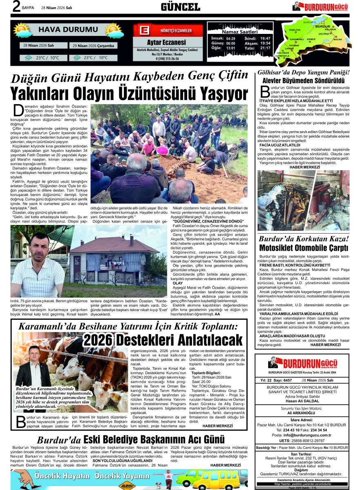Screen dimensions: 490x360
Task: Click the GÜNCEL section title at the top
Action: (x=180, y=7)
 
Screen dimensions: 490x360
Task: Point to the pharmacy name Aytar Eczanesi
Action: (x=166, y=42)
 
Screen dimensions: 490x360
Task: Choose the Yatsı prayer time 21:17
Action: (x=265, y=48)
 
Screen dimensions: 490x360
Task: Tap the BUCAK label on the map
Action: (x=338, y=39)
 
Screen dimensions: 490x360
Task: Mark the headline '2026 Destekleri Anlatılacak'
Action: (x=163, y=340)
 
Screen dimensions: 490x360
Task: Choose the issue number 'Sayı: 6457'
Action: (x=282, y=380)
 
